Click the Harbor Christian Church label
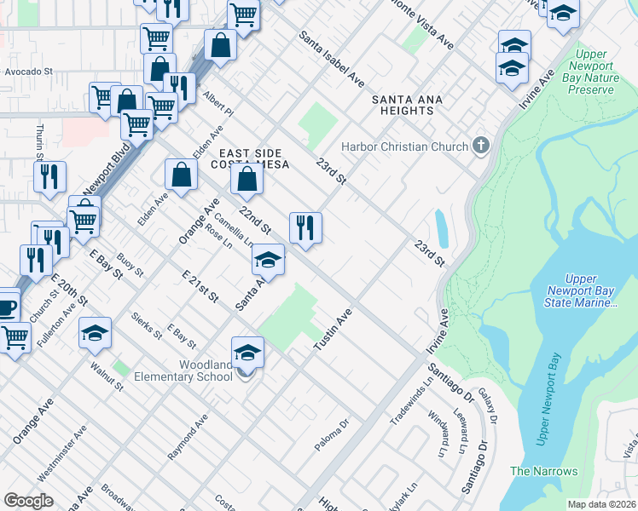pyautogui.click(x=404, y=146)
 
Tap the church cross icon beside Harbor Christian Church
pyautogui.click(x=480, y=146)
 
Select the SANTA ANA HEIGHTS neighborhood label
pyautogui.click(x=407, y=105)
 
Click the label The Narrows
pyautogui.click(x=543, y=471)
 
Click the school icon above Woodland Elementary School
pyautogui.click(x=247, y=353)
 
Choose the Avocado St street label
pyautogui.click(x=28, y=72)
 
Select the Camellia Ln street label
pyautogui.click(x=234, y=228)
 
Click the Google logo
pyautogui.click(x=29, y=500)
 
